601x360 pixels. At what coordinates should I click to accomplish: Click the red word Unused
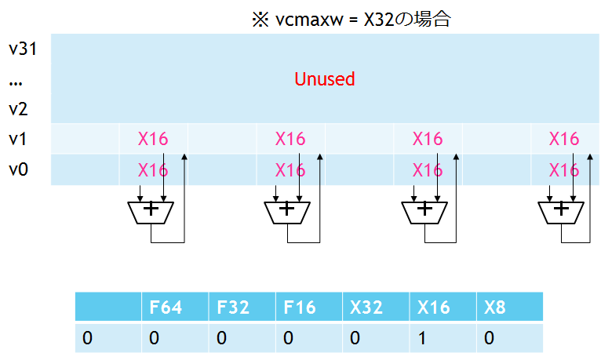[x=325, y=79]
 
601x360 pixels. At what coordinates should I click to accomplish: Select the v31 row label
[x=23, y=49]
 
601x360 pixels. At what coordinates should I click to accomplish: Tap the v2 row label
[x=18, y=109]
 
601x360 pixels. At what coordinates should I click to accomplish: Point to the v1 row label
[x=17, y=139]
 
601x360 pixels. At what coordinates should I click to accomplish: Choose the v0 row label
[x=18, y=169]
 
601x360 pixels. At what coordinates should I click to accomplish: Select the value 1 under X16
[x=422, y=338]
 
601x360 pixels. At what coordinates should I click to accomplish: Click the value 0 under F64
[x=154, y=338]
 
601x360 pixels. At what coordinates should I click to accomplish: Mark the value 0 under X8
[x=489, y=338]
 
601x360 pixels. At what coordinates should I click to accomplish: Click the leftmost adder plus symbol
[x=151, y=209]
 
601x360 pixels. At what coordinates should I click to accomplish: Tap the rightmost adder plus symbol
[x=561, y=209]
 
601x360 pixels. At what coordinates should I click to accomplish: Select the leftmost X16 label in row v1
[x=153, y=139]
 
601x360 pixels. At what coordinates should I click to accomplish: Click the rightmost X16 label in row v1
[x=564, y=139]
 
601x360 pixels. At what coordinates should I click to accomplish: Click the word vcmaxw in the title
[x=309, y=20]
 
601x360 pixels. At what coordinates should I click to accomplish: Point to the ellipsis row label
[x=16, y=83]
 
